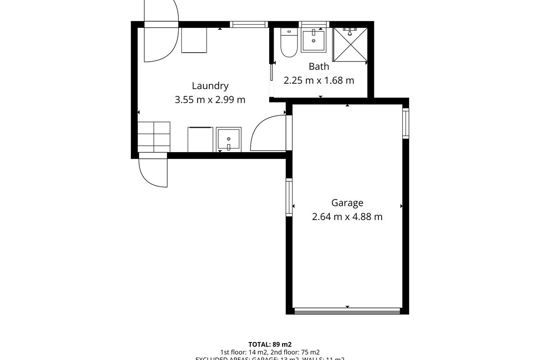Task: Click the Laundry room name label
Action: [x=210, y=85]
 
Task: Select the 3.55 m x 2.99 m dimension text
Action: [x=210, y=99]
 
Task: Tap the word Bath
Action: [x=319, y=67]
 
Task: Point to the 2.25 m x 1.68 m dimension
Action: [x=319, y=81]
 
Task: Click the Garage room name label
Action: [x=347, y=203]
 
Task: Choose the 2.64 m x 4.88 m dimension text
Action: [x=347, y=217]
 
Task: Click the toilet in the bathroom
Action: [x=288, y=43]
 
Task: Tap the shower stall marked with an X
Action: [x=350, y=44]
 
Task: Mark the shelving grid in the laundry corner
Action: [x=153, y=137]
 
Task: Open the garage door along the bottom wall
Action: [x=347, y=310]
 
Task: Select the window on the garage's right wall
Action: [x=405, y=123]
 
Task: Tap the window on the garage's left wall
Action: [x=289, y=197]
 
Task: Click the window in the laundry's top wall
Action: [x=249, y=24]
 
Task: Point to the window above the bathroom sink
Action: [x=315, y=24]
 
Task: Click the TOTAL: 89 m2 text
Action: [x=270, y=344]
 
